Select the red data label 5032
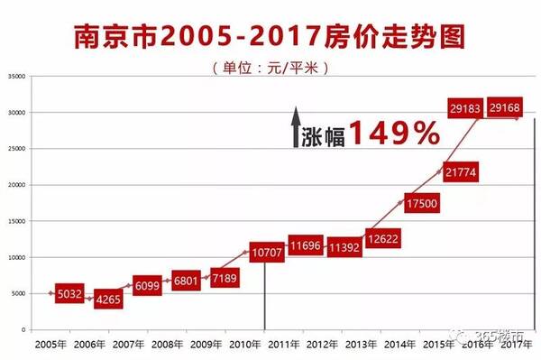[69, 292]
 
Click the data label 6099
[148, 285]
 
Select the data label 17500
[422, 204]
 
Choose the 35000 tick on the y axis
[16, 77]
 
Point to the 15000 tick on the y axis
[16, 221]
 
